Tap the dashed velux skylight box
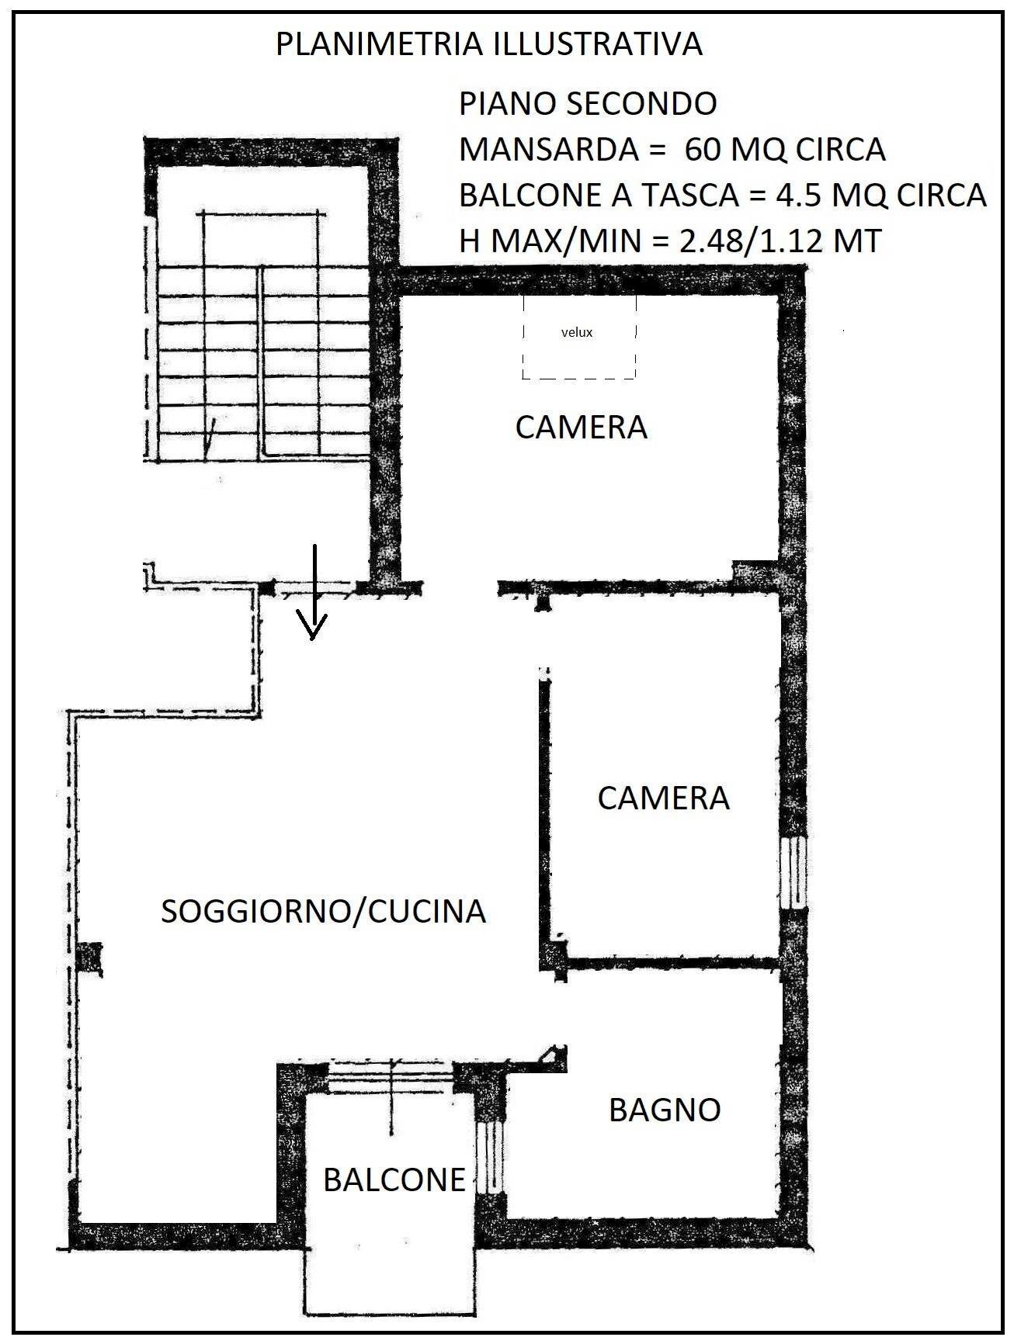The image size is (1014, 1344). click(578, 337)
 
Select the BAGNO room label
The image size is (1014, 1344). click(665, 1110)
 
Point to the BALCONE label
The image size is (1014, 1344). click(394, 1180)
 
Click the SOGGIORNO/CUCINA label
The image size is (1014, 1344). click(323, 911)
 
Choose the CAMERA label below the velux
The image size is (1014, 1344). click(581, 428)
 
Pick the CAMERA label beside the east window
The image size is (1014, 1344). click(663, 798)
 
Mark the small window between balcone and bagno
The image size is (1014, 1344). click(491, 1156)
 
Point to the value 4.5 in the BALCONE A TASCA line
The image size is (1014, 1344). click(799, 195)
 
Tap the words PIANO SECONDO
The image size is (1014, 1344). click(588, 104)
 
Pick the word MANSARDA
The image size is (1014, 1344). click(548, 149)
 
